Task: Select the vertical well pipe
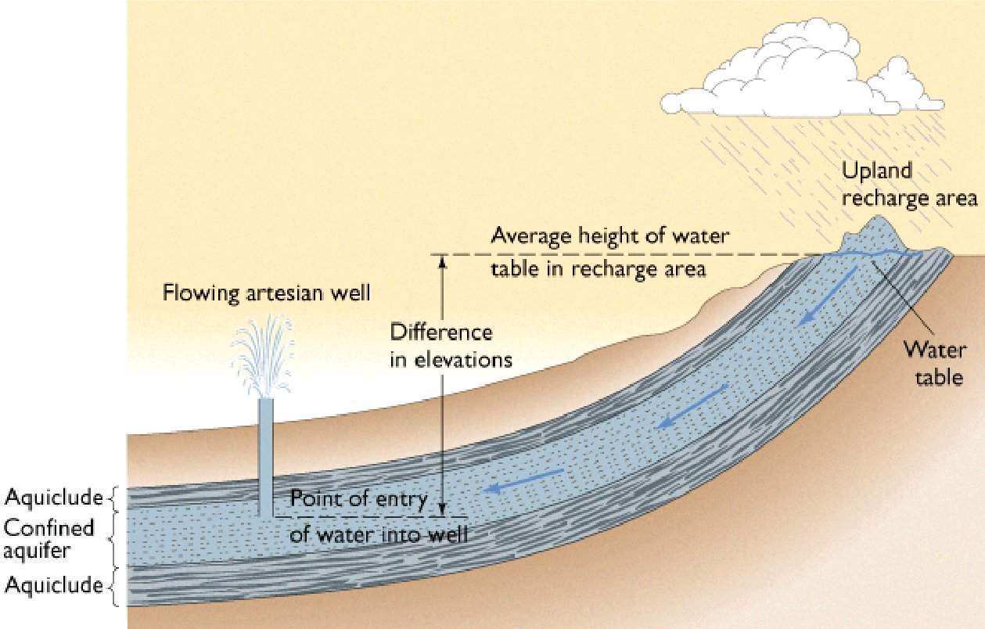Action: point(265,454)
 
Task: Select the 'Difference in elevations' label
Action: point(451,346)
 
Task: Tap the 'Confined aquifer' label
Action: point(49,538)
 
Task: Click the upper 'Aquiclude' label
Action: point(54,497)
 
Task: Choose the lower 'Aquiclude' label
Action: point(54,584)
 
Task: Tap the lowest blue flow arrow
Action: point(524,482)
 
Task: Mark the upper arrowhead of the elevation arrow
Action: point(441,261)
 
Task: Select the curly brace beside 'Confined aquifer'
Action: point(113,539)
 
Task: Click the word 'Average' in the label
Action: point(525,235)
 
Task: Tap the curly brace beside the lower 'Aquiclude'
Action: point(113,585)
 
